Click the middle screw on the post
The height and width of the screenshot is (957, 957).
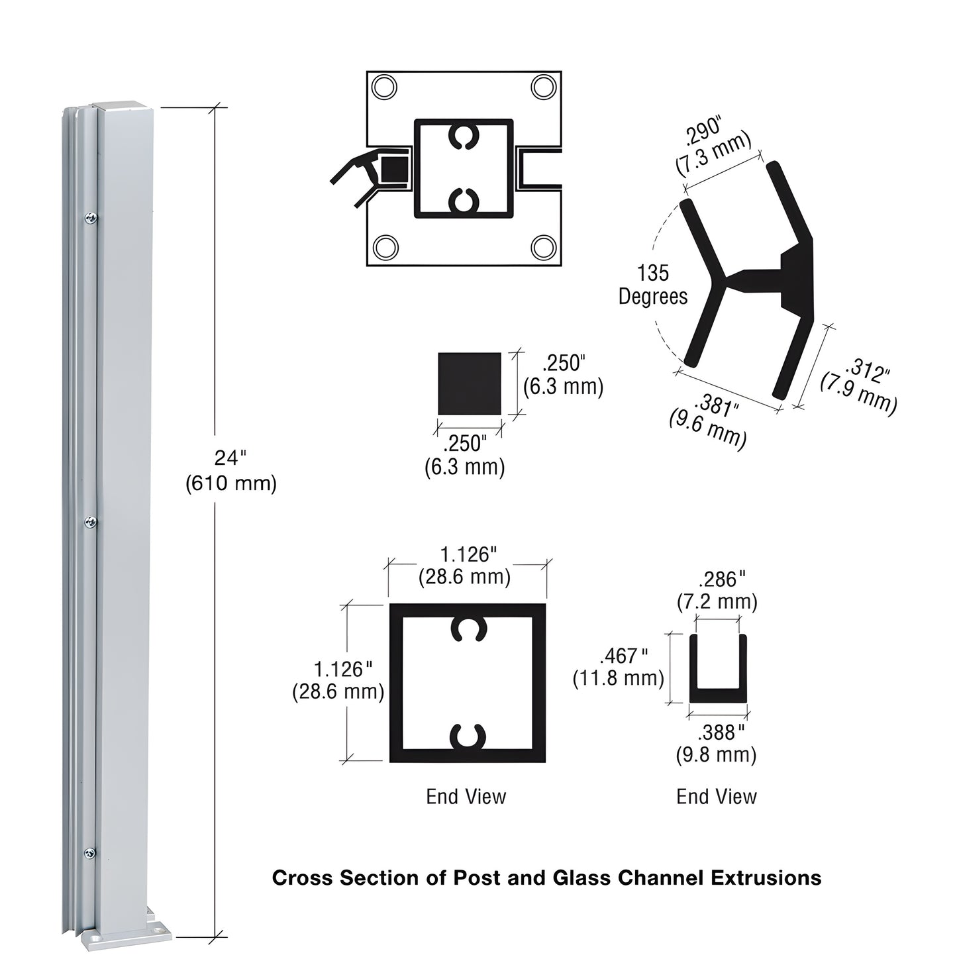click(90, 523)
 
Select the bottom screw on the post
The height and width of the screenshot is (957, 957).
click(90, 853)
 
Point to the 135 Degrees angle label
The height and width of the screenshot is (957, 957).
click(653, 285)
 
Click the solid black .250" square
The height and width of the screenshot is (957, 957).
click(469, 383)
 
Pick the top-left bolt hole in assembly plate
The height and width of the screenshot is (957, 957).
click(384, 87)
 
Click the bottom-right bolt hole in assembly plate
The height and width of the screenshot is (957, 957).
click(544, 247)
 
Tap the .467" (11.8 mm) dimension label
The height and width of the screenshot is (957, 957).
click(618, 667)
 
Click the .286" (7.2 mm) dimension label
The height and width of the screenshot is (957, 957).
click(717, 590)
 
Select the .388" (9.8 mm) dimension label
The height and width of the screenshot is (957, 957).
click(717, 744)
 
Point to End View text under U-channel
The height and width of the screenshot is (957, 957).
click(717, 797)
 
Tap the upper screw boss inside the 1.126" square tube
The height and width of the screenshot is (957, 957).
click(468, 629)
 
